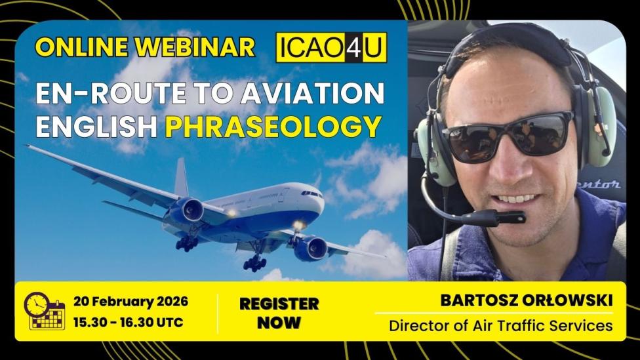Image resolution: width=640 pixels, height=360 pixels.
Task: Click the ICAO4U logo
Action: coord(331,47)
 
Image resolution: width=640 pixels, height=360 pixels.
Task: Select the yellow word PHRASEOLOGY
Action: coord(273,127)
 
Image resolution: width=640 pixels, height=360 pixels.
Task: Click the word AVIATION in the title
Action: coord(313,93)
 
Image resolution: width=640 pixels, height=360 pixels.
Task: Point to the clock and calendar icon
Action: coord(45,311)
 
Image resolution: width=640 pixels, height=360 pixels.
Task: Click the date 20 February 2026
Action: coord(130,302)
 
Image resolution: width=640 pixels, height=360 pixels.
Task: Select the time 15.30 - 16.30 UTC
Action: coord(128,322)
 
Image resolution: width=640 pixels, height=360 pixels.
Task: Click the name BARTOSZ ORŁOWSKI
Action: coord(527,301)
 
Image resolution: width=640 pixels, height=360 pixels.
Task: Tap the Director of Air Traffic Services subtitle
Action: coord(501,326)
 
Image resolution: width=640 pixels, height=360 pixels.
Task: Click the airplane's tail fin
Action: coord(181,177)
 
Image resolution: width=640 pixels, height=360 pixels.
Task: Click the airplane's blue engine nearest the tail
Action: coord(185,210)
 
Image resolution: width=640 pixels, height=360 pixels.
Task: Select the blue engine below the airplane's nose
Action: coord(311,249)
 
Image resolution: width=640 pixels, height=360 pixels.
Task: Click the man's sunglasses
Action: coord(509,137)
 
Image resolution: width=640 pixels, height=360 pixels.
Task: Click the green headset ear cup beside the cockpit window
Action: coord(601,127)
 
